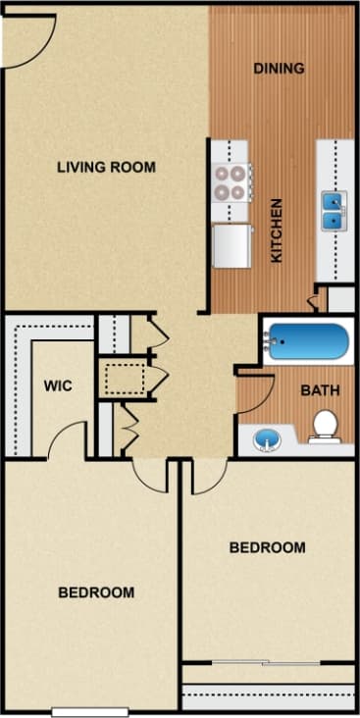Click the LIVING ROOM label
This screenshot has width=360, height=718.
coord(106,167)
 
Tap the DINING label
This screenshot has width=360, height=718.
coord(279,69)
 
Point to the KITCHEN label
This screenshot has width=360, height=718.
coord(278,231)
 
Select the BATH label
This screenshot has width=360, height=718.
coord(319,389)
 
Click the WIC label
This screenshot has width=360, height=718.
coord(57,385)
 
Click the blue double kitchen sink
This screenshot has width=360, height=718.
coord(334,210)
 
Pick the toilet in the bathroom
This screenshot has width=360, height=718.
coord(324,426)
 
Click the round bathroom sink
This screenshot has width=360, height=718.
coord(266,438)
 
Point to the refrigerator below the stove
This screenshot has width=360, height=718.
coord(231,244)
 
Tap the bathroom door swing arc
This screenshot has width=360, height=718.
coord(254,390)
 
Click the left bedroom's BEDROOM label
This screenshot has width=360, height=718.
coord(95,592)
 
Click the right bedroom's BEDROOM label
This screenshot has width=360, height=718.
coord(267,547)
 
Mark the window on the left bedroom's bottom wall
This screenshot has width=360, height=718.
coord(91,711)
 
